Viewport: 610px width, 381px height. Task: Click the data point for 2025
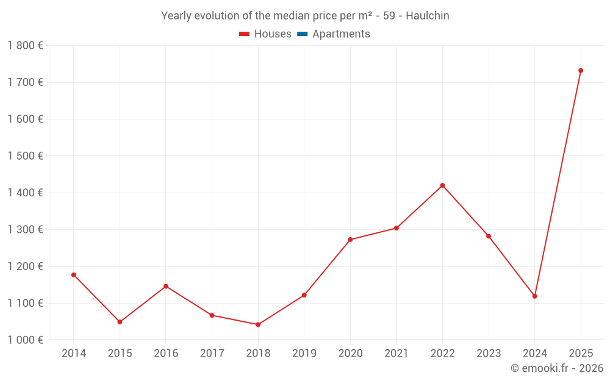pos(581,71)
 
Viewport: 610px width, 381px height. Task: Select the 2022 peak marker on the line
pos(442,185)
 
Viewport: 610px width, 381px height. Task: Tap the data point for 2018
pos(258,324)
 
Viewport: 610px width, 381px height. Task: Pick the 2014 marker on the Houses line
pos(74,275)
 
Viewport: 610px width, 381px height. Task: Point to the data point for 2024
pos(535,296)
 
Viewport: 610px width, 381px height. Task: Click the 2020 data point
pos(350,240)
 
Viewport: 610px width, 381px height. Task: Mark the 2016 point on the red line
pos(166,287)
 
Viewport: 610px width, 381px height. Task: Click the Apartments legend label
pos(341,34)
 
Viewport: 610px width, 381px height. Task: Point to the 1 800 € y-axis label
pos(25,46)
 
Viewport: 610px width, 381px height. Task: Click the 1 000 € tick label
pos(25,340)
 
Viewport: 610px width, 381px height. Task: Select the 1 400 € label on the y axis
pos(25,193)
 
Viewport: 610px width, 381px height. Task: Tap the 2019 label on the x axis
pos(304,354)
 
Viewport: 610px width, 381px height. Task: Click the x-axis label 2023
pos(489,354)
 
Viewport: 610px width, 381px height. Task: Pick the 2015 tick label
pos(120,354)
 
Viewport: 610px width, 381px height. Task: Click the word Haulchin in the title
pos(426,16)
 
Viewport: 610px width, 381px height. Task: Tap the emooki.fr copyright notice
pos(557,368)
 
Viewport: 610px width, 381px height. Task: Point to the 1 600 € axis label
pos(25,119)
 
